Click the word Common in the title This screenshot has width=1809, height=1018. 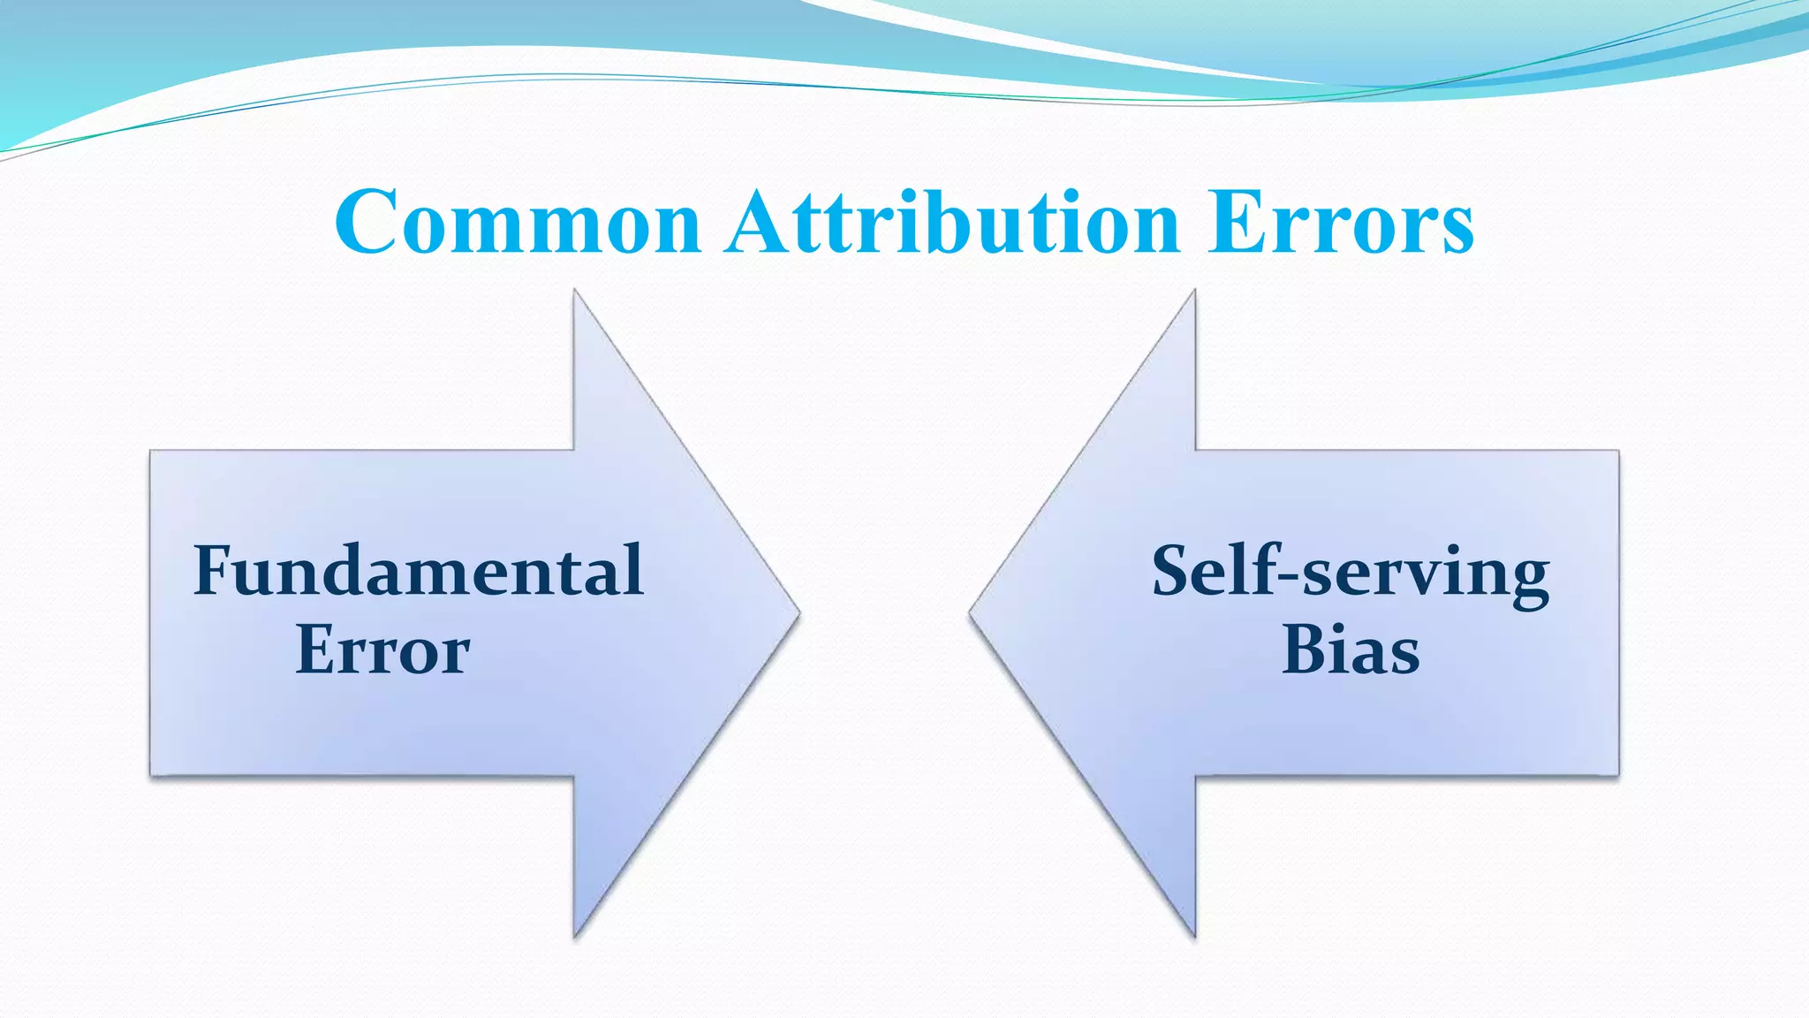518,222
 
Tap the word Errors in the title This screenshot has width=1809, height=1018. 1341,222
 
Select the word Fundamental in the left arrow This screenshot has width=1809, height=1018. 418,571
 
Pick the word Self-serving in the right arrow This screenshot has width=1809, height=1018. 1350,573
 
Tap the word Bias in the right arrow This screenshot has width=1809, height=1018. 1350,650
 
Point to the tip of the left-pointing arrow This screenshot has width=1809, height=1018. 971,612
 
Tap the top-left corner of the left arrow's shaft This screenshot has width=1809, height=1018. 151,452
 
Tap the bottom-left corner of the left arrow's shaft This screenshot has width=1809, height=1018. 151,775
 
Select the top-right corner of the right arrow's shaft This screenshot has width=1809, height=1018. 1618,452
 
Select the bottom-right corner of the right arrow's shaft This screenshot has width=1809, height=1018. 1618,775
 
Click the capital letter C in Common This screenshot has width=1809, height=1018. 364,222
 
